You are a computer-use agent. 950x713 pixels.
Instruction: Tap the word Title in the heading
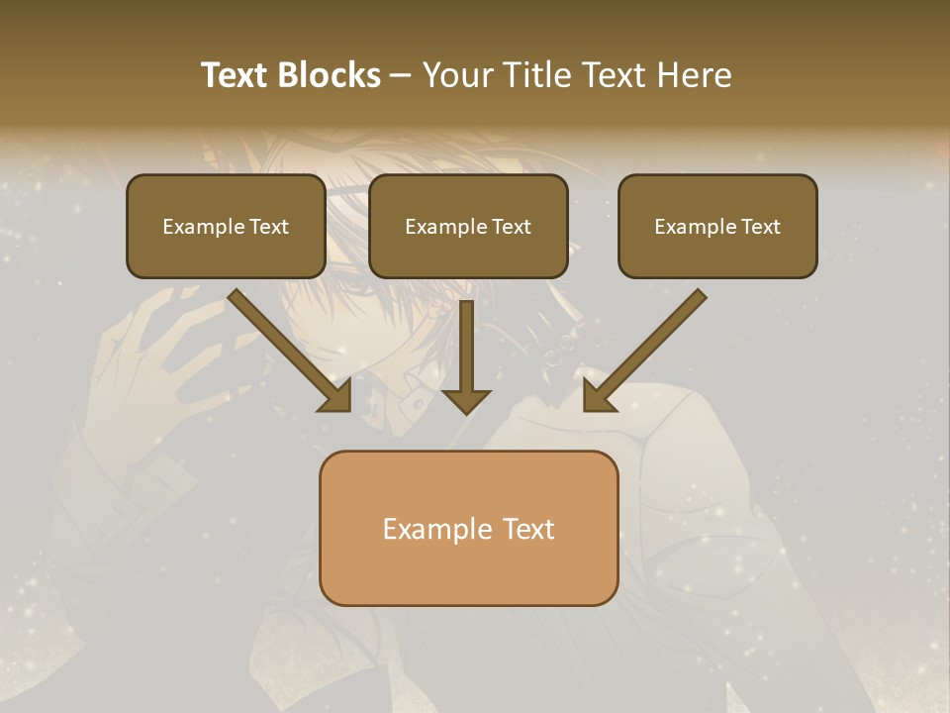pyautogui.click(x=540, y=75)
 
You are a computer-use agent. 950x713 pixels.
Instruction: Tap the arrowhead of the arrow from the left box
pyautogui.click(x=336, y=396)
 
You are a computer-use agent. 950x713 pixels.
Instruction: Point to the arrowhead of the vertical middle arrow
pyautogui.click(x=466, y=400)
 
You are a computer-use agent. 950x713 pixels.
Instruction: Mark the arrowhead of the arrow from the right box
pyautogui.click(x=598, y=396)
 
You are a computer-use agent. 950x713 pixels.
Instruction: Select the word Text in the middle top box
pyautogui.click(x=511, y=227)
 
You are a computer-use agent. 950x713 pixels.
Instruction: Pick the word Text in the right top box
pyautogui.click(x=760, y=227)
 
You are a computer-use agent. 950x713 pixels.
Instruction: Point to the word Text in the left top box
pyautogui.click(x=268, y=227)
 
